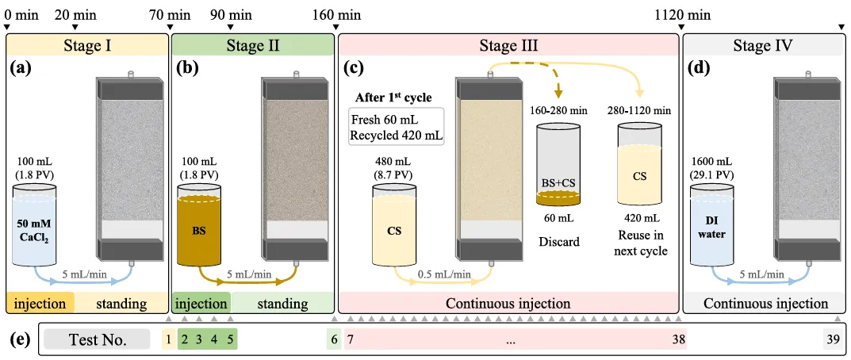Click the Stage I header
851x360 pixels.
pyautogui.click(x=86, y=44)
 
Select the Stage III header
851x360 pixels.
pyautogui.click(x=508, y=44)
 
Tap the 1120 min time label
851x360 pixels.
pyautogui.click(x=682, y=14)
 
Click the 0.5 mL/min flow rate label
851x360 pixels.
pyautogui.click(x=443, y=274)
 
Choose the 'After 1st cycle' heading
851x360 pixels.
pyautogui.click(x=393, y=98)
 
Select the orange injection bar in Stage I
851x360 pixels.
pyautogui.click(x=40, y=303)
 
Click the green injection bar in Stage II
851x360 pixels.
pyautogui.click(x=201, y=303)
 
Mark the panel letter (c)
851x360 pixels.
pyautogui.click(x=353, y=68)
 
